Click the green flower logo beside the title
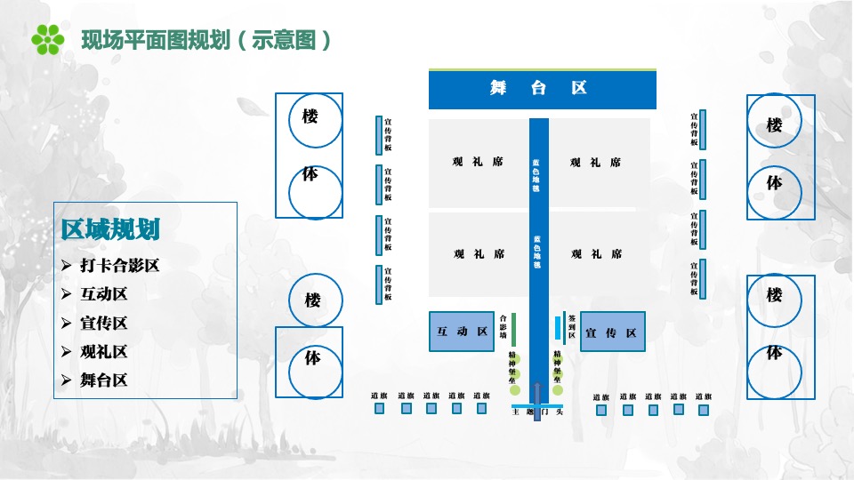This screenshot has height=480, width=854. coord(48,39)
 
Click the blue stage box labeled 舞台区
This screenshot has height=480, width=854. coord(542,89)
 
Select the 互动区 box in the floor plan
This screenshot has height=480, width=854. coord(462,332)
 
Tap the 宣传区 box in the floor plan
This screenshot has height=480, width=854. coord(612,332)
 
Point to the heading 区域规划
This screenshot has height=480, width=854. coord(110,229)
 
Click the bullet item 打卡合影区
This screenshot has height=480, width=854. coord(119,265)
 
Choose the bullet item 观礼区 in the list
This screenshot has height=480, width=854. coord(104,351)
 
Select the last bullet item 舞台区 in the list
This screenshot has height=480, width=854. coord(104,380)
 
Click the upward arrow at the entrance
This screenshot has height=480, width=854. coord(536,400)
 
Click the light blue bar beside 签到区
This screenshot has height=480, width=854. coord(558,328)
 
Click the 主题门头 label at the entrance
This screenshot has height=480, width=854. coord(537,412)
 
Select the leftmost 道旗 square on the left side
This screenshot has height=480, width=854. coord(379,409)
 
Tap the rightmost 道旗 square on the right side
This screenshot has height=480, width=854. coord(703,410)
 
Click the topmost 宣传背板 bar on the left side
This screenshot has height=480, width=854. coord(378,134)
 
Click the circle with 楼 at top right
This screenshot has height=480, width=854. coord(774,126)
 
